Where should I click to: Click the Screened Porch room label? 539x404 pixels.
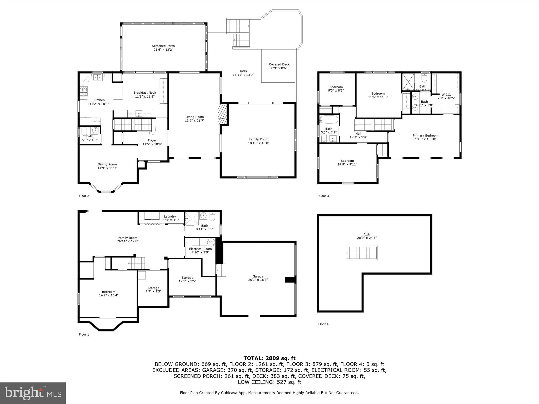tap(163, 46)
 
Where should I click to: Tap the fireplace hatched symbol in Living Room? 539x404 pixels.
tap(222, 114)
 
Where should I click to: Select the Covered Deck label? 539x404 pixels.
tap(279, 64)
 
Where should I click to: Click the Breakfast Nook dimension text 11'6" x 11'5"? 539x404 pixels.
tap(145, 97)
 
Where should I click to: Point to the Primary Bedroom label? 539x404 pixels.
tap(425, 136)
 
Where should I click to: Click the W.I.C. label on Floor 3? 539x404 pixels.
tap(446, 94)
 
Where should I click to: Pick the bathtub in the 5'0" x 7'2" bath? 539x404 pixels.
tap(329, 120)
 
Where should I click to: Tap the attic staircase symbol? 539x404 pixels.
tap(362, 253)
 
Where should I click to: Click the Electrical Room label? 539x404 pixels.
tap(200, 249)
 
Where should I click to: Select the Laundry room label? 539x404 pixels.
tap(170, 216)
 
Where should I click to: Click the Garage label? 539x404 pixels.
tap(258, 276)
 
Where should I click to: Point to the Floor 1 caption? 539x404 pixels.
tap(84, 335)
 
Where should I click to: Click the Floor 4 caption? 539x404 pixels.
tap(323, 324)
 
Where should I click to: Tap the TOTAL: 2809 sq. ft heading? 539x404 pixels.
tap(269, 358)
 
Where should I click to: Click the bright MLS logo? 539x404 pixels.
tap(33, 393)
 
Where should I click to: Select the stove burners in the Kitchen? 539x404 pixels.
tap(83, 93)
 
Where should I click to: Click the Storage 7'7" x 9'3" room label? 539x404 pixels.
tap(153, 288)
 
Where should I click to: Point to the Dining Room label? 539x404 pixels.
tap(107, 164)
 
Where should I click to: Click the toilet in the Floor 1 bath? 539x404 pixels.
tap(212, 217)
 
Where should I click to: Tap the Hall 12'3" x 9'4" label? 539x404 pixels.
tap(358, 134)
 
